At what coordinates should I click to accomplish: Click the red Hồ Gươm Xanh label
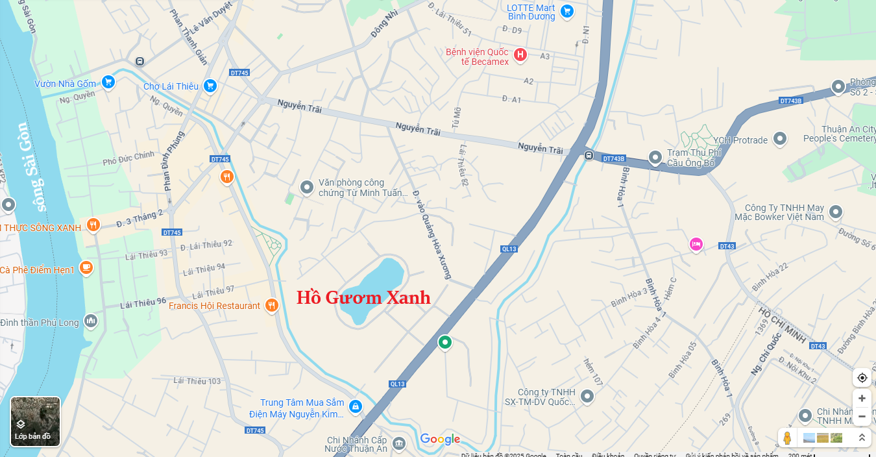coord(363,298)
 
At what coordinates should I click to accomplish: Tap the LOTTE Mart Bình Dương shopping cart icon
coord(567,11)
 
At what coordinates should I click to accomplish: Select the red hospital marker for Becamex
coord(520,55)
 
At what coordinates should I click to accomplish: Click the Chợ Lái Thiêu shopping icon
coord(210,86)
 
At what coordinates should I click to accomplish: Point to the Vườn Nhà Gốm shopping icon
coord(108,82)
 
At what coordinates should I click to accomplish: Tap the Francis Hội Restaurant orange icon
coord(272,305)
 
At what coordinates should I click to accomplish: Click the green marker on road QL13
coord(444,342)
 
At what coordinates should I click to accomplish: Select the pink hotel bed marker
coord(696,244)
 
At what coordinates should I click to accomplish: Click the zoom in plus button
coord(862,399)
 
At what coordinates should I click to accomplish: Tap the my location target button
coord(862,378)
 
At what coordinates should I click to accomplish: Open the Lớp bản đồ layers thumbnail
coord(35,421)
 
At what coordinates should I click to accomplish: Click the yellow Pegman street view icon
coord(787,438)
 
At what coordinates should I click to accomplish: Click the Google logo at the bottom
coord(440,439)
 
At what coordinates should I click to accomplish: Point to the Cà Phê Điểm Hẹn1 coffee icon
coord(86,268)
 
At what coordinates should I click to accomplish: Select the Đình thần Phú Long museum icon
coord(91,321)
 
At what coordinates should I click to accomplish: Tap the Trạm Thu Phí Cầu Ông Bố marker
coord(655,157)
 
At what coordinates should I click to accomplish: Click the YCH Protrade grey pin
coord(780,139)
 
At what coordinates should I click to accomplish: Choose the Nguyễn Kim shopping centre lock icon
coord(355,407)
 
